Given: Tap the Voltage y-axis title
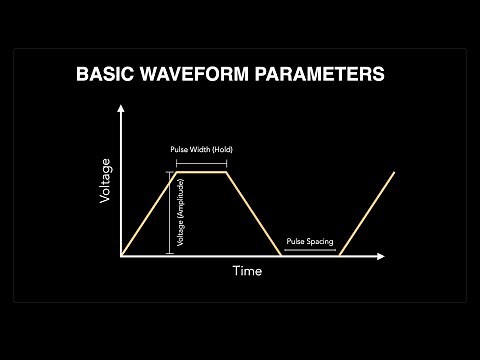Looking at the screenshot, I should coord(105,183).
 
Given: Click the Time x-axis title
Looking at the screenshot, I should coord(247,271).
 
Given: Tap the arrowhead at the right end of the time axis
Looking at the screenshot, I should coord(381,256).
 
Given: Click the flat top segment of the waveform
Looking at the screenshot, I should coord(201,173).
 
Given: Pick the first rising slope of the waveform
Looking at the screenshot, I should coord(148,214).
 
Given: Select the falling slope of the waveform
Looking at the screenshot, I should coord(254,214).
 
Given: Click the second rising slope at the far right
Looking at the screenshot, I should coord(367,214).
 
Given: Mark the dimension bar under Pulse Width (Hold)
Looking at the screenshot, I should coord(201,162).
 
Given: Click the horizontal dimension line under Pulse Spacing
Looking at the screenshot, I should coord(310,251).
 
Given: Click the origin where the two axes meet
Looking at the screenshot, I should coord(121,256).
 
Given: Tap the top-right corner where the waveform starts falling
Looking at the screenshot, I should coord(228,173).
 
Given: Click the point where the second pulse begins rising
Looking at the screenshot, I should coord(340,256).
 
